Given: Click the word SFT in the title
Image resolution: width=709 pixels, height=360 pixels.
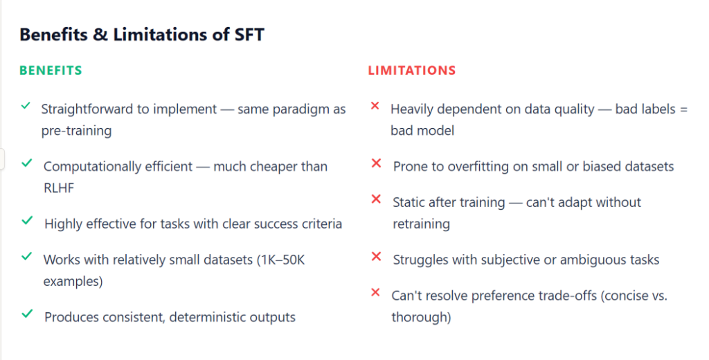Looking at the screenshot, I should pos(245,35).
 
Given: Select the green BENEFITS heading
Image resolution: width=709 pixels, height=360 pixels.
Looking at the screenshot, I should pos(51,71).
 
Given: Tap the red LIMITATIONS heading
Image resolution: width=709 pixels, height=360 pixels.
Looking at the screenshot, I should pos(411,71).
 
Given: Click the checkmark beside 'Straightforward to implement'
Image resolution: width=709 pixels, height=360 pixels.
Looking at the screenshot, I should pos(26,106).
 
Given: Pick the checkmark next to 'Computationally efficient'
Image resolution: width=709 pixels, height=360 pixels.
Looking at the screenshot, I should pos(27,163).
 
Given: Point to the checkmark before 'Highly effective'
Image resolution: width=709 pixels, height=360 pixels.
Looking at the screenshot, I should pos(27,221).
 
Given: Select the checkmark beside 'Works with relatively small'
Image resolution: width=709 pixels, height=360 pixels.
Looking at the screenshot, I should pos(27,257).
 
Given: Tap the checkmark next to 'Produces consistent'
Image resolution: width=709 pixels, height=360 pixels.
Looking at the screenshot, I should pos(27,314).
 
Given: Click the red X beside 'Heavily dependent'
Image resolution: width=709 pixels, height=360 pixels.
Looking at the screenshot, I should pos(375,106).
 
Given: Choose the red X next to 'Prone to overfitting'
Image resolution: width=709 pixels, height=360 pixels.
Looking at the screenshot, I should pos(377,163).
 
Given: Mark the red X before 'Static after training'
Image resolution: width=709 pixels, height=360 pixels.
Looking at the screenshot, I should pos(377,199).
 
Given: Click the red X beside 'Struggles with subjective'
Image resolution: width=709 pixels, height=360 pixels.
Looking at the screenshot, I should pos(377,257).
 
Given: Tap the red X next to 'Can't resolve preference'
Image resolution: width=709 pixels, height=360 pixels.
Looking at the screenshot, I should pos(375,292).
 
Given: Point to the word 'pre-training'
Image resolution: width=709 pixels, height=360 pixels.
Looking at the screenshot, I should pos(75,130).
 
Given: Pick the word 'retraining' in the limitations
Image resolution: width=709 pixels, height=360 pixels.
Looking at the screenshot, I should pos(421,224).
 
